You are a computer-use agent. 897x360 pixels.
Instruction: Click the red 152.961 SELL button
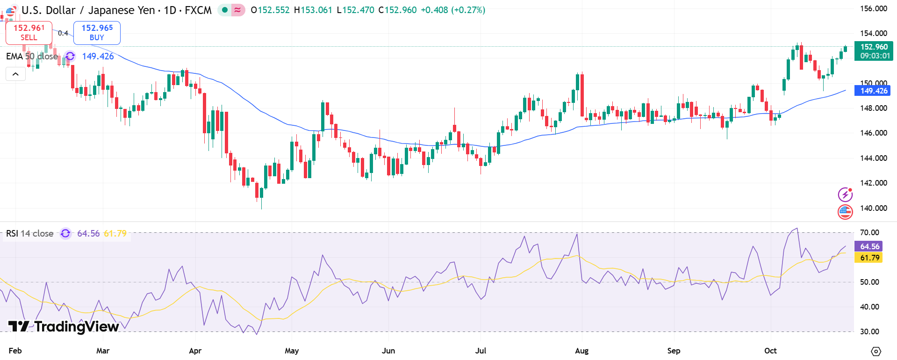pyautogui.click(x=29, y=32)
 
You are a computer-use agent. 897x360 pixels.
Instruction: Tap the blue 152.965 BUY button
pyautogui.click(x=97, y=32)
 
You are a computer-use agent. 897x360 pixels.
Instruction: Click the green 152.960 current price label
pyautogui.click(x=873, y=51)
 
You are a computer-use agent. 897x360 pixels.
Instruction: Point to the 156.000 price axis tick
pyautogui.click(x=873, y=8)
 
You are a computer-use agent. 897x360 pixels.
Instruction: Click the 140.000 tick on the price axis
pyautogui.click(x=873, y=208)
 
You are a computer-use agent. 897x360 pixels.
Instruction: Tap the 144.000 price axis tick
pyautogui.click(x=873, y=158)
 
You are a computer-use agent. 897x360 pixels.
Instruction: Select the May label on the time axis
pyautogui.click(x=292, y=351)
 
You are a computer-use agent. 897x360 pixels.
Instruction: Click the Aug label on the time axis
pyautogui.click(x=581, y=351)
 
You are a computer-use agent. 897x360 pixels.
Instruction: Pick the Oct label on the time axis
pyautogui.click(x=770, y=351)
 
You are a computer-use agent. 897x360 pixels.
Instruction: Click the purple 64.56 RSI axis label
pyautogui.click(x=869, y=246)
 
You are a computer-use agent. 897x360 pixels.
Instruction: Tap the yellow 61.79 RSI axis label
pyautogui.click(x=869, y=258)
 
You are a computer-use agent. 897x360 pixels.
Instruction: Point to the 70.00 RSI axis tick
pyautogui.click(x=869, y=232)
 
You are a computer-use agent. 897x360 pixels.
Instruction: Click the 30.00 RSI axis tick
pyautogui.click(x=869, y=331)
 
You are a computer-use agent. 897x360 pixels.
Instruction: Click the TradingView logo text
pyautogui.click(x=64, y=326)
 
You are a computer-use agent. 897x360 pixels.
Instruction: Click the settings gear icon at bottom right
pyautogui.click(x=876, y=351)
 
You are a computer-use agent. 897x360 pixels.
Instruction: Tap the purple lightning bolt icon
pyautogui.click(x=845, y=194)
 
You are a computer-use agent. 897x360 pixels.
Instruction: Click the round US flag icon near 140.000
pyautogui.click(x=845, y=212)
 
